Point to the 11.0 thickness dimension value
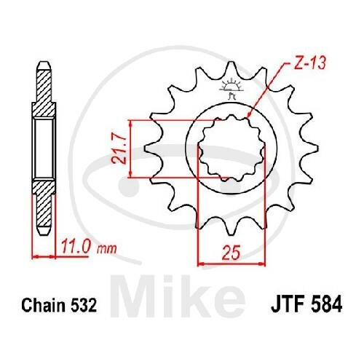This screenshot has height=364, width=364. (x=75, y=248)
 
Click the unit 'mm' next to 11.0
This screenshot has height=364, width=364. (x=107, y=249)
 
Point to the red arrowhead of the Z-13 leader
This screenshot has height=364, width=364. (x=249, y=116)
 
